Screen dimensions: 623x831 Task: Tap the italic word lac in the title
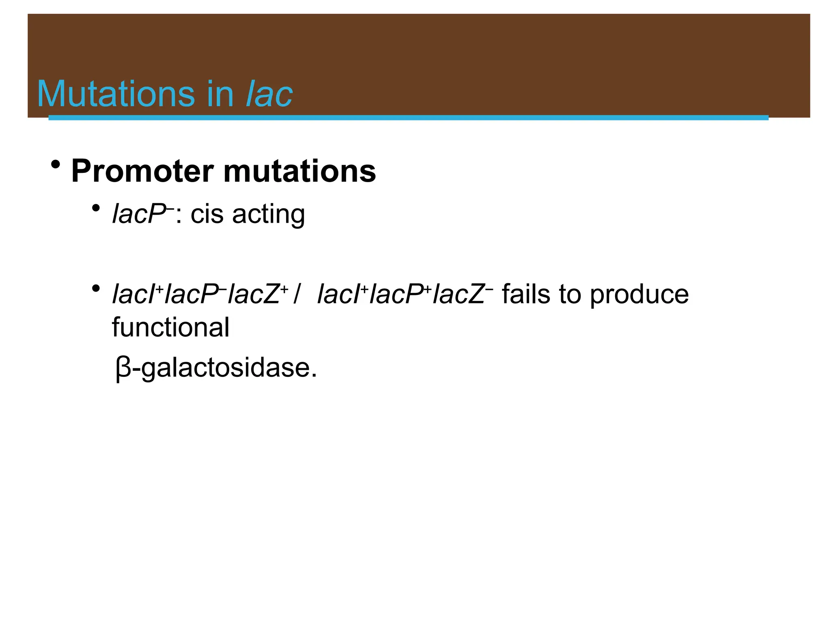tap(269, 94)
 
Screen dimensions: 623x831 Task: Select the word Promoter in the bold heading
tap(142, 171)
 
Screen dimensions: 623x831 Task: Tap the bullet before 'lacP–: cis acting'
tap(96, 208)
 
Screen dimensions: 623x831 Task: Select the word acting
tap(268, 215)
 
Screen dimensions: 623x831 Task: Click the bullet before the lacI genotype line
tap(96, 289)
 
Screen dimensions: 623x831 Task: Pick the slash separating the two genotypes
tap(297, 294)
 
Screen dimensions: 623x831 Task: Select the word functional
tap(170, 327)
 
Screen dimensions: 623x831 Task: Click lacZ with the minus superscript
tap(459, 294)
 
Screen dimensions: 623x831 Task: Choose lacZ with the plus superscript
tap(254, 294)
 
